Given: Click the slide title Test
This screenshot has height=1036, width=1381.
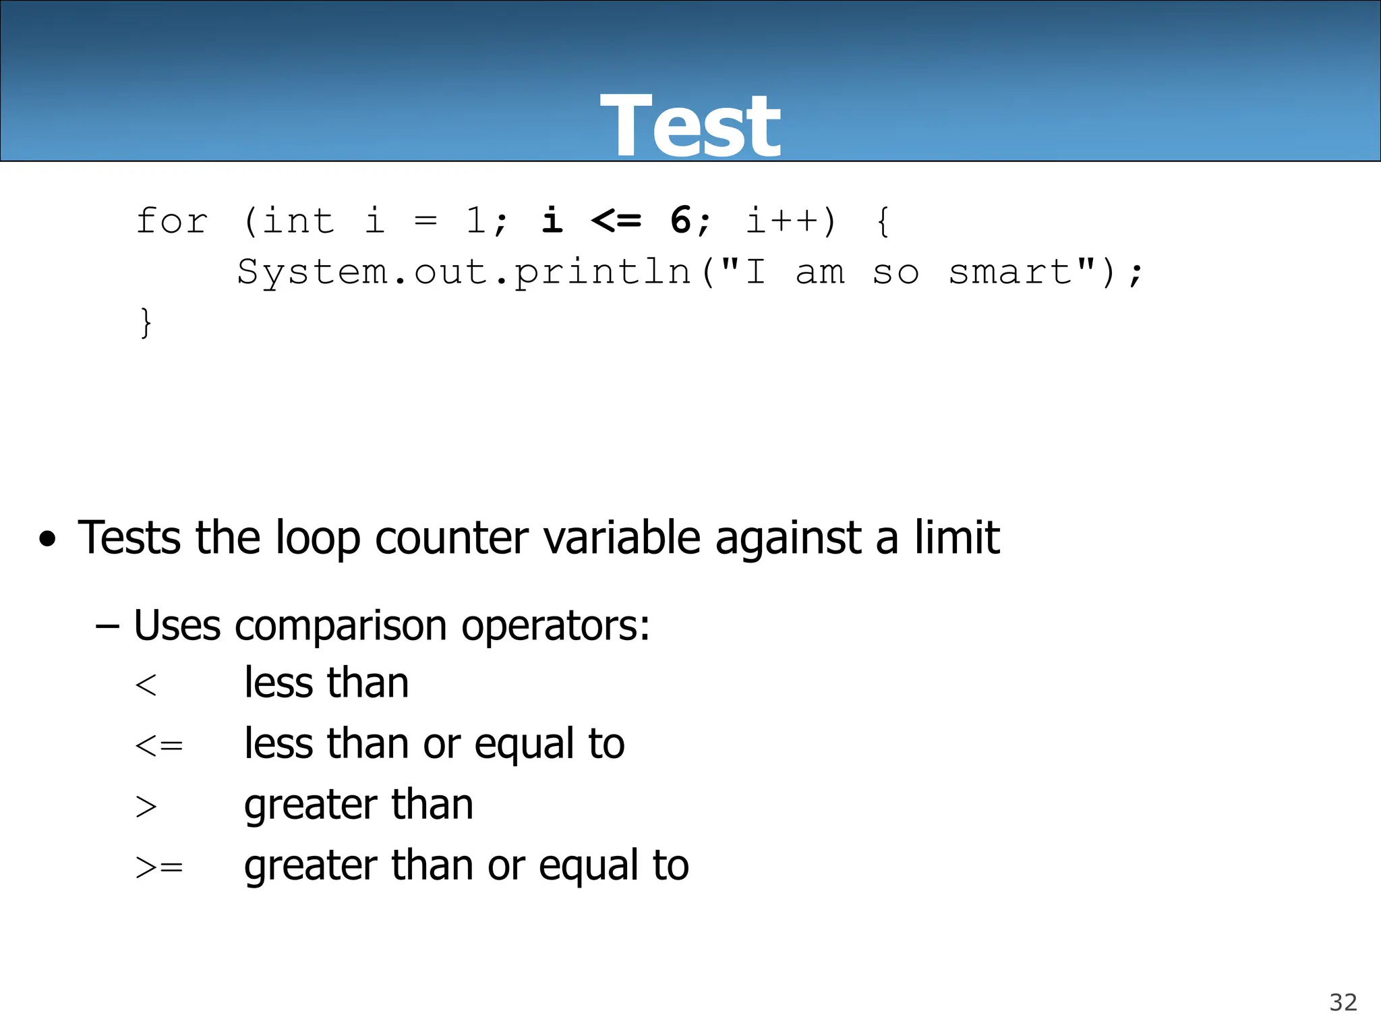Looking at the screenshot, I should tap(690, 126).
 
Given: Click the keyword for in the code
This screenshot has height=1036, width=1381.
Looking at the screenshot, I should tap(172, 221).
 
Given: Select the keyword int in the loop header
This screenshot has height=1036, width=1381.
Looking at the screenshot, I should tap(298, 221).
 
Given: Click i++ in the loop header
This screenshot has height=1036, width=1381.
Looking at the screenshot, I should tap(782, 221).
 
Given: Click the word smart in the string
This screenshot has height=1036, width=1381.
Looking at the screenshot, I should tap(1011, 272).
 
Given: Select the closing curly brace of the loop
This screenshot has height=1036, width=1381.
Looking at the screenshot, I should tap(145, 322).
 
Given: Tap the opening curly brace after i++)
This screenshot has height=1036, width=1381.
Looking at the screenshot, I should tap(883, 221).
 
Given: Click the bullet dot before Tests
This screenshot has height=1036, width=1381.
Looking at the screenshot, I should tap(47, 539).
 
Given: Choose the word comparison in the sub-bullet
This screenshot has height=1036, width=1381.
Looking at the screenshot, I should tap(341, 625).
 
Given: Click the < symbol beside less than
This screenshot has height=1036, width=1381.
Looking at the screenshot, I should tap(146, 685).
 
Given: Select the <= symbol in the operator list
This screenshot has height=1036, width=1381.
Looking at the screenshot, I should tap(159, 746).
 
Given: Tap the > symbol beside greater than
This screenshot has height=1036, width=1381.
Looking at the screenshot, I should tap(146, 807).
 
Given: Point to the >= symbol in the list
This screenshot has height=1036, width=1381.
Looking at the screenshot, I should tap(159, 867).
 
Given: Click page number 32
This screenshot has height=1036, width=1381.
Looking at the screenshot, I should tap(1343, 1002).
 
